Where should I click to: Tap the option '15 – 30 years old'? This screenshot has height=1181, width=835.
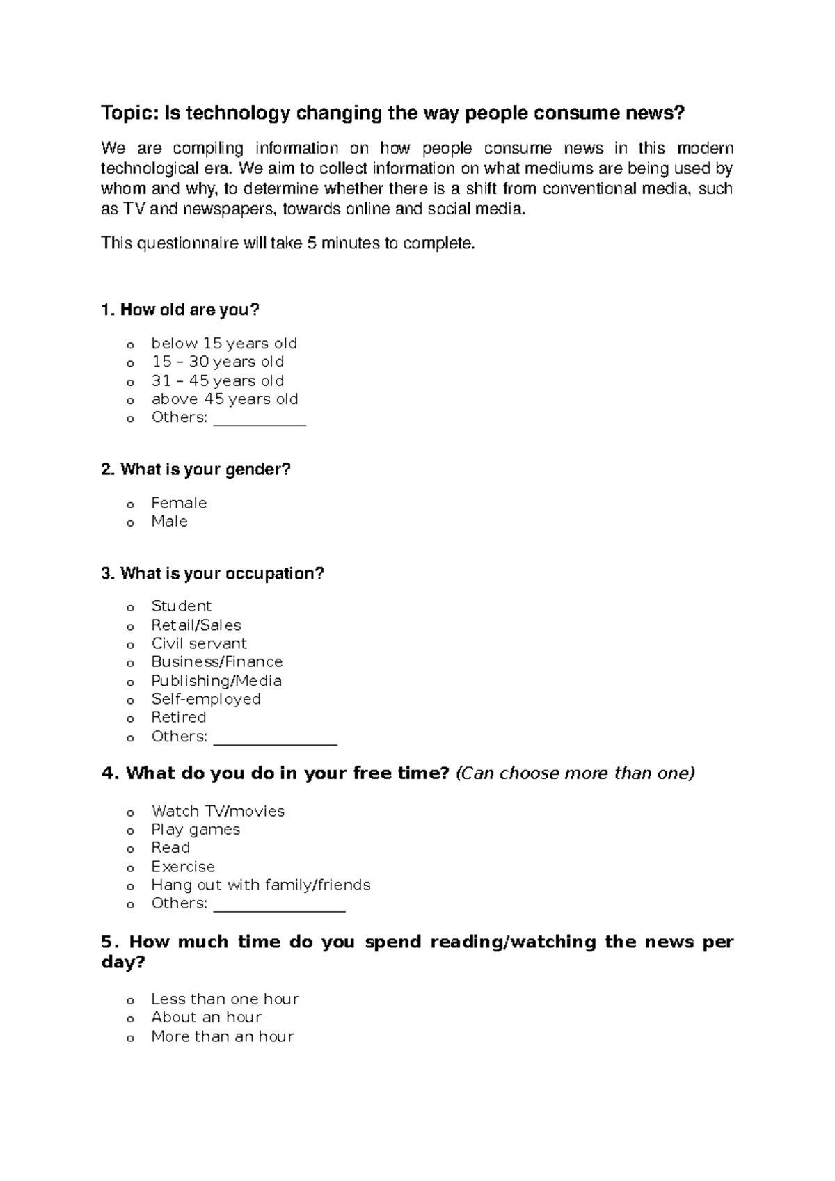217,362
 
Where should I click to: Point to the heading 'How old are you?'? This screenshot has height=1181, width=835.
180,310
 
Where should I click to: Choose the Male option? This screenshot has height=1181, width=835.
169,521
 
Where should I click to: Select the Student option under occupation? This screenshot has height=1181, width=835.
181,606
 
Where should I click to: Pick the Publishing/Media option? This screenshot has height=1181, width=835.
216,680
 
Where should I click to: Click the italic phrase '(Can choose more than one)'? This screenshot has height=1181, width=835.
575,773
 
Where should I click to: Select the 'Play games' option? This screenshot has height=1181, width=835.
196,829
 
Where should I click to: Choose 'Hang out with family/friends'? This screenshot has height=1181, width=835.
261,885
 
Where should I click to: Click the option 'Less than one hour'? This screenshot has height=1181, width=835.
225,999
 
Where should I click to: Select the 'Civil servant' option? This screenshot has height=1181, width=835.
199,643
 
